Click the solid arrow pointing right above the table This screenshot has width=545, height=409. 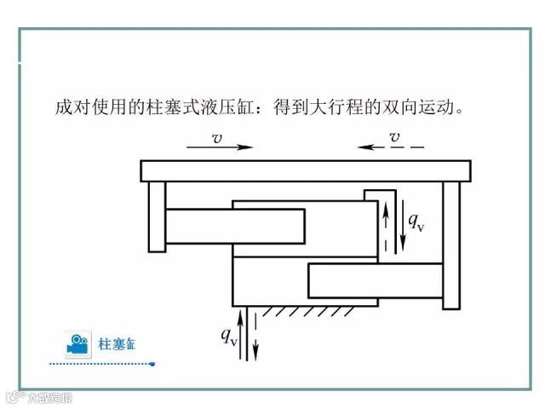click(x=220, y=147)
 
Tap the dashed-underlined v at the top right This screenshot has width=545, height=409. click(x=394, y=136)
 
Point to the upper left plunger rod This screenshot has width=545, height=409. click(x=234, y=226)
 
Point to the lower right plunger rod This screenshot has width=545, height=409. click(x=375, y=279)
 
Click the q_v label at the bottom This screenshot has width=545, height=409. click(x=229, y=336)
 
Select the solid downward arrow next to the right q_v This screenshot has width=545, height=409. click(x=403, y=226)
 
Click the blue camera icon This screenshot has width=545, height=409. click(x=77, y=343)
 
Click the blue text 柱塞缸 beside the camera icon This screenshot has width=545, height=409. click(x=117, y=344)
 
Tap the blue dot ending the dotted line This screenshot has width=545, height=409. click(x=152, y=364)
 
